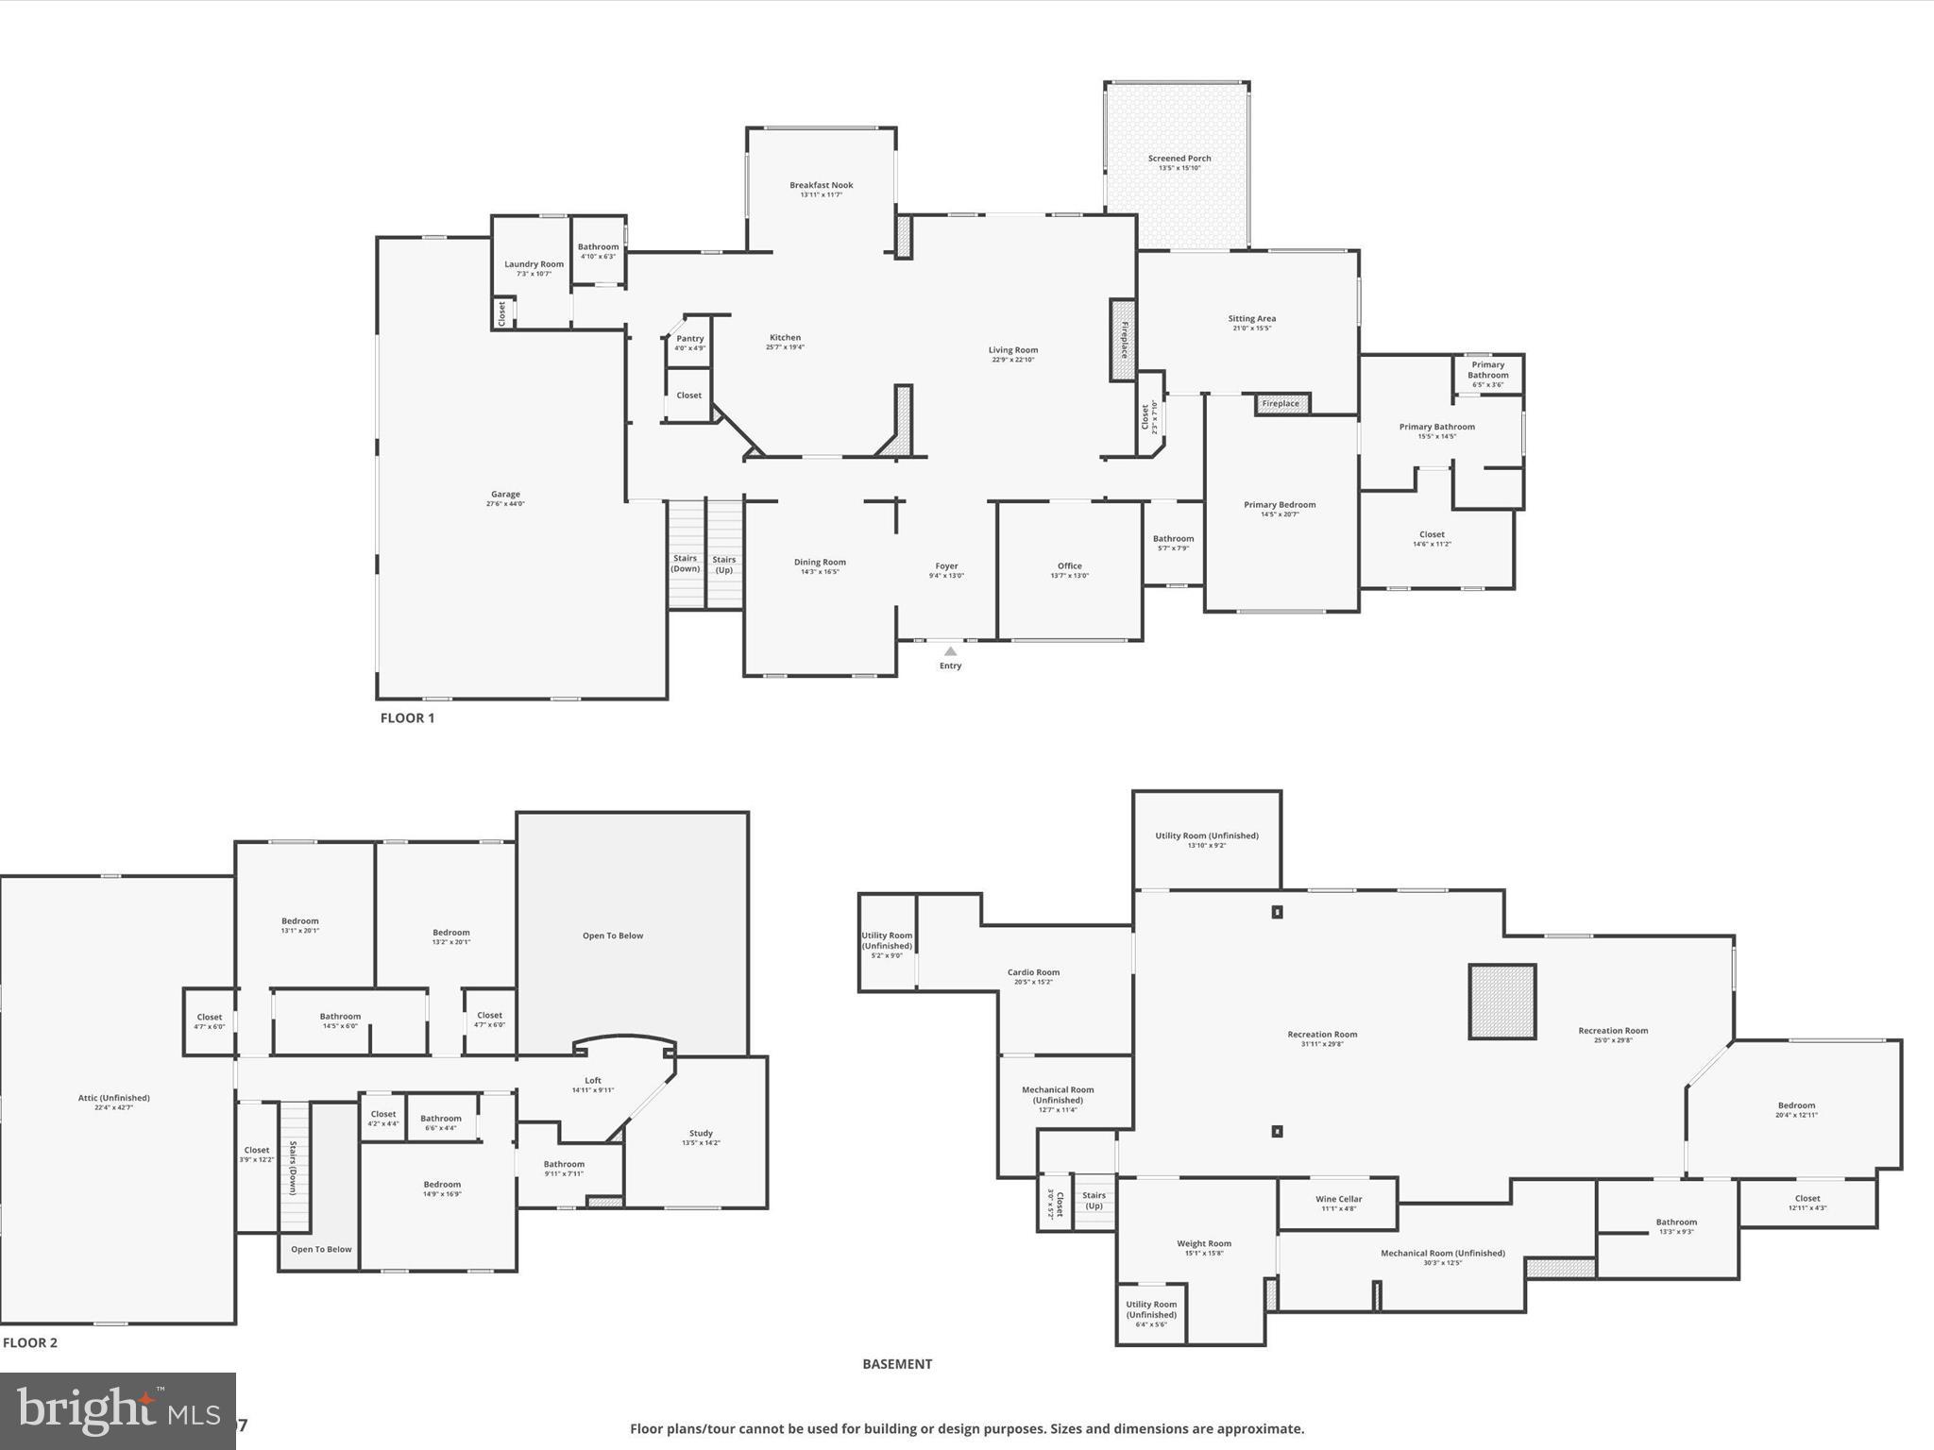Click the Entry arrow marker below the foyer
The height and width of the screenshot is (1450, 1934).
(x=950, y=651)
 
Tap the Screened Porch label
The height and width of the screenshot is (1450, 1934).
(x=1179, y=159)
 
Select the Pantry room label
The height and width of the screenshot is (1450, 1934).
(x=689, y=339)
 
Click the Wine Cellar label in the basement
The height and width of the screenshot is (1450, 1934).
(x=1338, y=1199)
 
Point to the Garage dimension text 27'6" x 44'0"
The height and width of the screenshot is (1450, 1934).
(x=505, y=504)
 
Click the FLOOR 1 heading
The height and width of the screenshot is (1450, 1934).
(x=407, y=717)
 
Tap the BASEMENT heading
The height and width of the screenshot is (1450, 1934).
(x=896, y=1363)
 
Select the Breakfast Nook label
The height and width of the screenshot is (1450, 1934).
(x=821, y=185)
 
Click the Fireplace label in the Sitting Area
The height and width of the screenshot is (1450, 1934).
(x=1281, y=404)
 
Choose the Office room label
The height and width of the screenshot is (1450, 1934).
(x=1069, y=566)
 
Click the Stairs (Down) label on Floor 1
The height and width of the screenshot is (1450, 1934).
(x=685, y=564)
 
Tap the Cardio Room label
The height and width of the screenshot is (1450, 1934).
(x=1033, y=972)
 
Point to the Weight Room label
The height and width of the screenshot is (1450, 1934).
(x=1203, y=1243)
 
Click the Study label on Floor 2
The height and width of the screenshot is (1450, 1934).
(x=701, y=1133)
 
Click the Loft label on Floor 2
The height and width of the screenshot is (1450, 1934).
(x=592, y=1081)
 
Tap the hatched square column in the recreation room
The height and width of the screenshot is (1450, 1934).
(x=1501, y=1002)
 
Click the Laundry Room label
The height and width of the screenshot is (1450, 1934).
(x=534, y=264)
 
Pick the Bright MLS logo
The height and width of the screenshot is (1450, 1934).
(x=117, y=1410)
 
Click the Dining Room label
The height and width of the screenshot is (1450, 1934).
(x=820, y=563)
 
